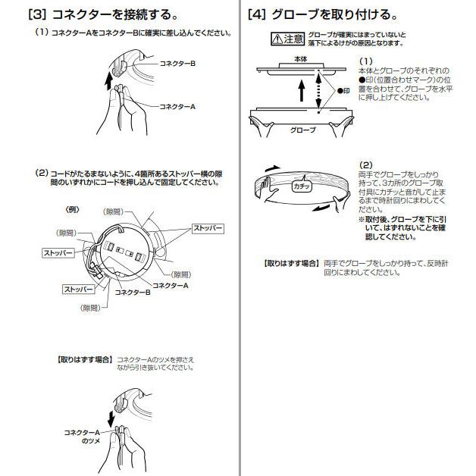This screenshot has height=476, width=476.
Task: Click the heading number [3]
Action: [37, 14]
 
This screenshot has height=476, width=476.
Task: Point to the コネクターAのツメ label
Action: [82, 435]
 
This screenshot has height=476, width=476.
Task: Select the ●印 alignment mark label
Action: [346, 89]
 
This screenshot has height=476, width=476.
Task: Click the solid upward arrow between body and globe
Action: [300, 92]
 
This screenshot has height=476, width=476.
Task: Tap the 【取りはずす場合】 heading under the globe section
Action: [290, 263]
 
